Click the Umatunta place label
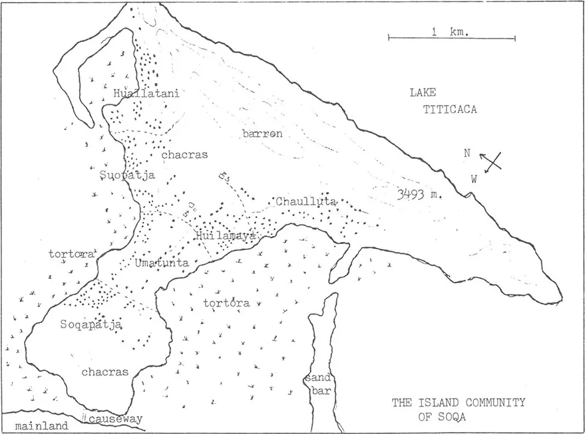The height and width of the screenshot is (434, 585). pyautogui.click(x=162, y=263)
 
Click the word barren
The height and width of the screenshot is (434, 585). pyautogui.click(x=262, y=134)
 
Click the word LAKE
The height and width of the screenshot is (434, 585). pyautogui.click(x=423, y=94)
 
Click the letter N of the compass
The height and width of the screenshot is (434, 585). pyautogui.click(x=467, y=153)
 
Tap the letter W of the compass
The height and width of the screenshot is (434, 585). pyautogui.click(x=474, y=178)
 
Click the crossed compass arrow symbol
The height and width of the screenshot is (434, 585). pyautogui.click(x=491, y=162)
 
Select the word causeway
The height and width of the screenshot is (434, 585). pyautogui.click(x=112, y=421)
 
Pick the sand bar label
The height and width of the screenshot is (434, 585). pyautogui.click(x=315, y=384)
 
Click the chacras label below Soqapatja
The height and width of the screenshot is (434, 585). pyautogui.click(x=104, y=372)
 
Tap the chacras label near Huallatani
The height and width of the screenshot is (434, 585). pyautogui.click(x=184, y=154)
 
